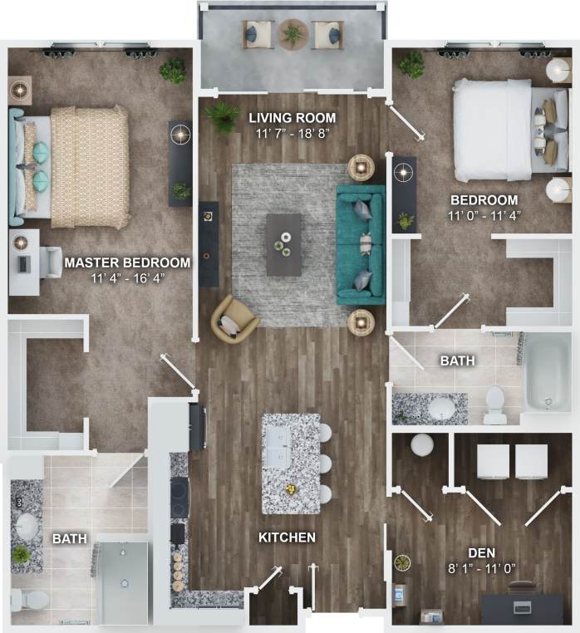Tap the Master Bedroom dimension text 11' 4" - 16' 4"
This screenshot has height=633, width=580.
click(127, 278)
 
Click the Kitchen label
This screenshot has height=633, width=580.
click(287, 537)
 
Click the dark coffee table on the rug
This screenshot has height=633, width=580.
click(284, 244)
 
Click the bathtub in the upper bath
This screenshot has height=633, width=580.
click(548, 372)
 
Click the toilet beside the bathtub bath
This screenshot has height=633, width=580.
click(496, 404)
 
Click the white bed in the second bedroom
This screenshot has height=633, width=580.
click(494, 130)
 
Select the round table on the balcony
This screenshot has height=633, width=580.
click(292, 35)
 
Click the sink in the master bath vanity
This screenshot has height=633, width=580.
click(27, 525)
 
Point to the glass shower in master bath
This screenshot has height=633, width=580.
click(122, 581)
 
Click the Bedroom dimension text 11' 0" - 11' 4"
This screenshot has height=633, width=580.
click(484, 218)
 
